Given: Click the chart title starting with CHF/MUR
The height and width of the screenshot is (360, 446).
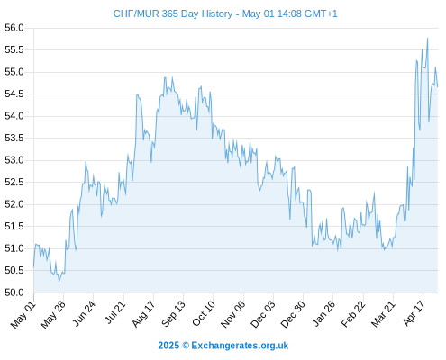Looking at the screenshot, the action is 225,13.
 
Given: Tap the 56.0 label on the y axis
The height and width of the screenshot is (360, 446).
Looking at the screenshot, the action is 14,28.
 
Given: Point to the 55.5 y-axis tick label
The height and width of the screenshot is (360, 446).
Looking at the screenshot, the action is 14,49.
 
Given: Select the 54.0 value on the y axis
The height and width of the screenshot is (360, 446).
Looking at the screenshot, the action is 14,116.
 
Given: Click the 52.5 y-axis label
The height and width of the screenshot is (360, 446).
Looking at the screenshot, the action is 14,183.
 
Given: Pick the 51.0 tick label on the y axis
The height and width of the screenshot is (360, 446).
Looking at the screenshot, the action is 14,248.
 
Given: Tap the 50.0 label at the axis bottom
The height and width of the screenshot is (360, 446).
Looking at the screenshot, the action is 14,292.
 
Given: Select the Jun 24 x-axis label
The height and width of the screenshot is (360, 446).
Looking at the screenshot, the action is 84,313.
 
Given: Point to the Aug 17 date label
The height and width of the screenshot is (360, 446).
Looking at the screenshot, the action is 143,314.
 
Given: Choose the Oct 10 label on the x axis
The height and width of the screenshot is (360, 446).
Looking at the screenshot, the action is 204,313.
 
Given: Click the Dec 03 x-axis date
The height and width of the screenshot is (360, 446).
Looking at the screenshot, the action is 263,314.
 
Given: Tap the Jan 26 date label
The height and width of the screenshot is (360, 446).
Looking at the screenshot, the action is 323,313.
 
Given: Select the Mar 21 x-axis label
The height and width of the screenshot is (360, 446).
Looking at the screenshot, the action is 383,314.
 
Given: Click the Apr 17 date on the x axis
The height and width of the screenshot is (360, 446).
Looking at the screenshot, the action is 414,313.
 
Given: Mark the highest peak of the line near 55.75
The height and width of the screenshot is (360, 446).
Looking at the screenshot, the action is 427,39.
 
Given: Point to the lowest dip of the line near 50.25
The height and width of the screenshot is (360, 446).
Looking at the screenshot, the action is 59,281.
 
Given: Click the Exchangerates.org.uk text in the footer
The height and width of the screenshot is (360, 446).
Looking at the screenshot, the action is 240,346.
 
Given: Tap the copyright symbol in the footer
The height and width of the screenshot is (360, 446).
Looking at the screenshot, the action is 186,346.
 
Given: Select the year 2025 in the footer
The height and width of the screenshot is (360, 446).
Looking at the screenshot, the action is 168,346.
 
